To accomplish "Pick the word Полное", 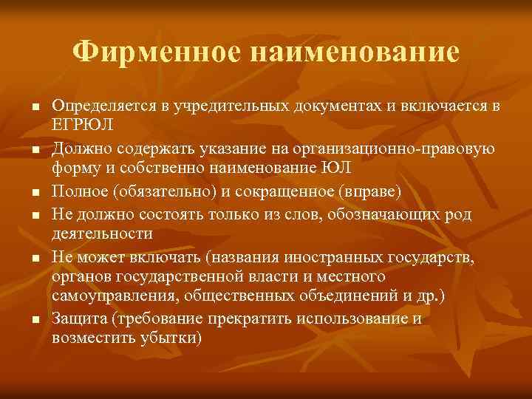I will coord(78,193).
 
